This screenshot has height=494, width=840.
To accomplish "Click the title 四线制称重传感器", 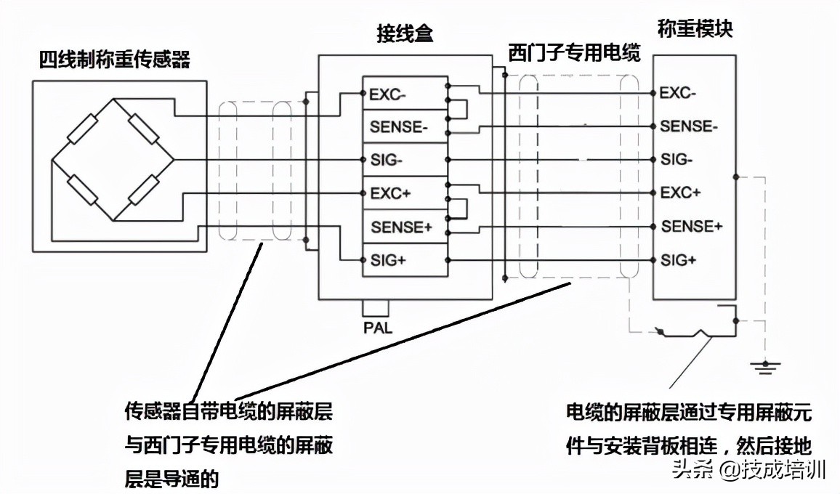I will pyautogui.click(x=114, y=60).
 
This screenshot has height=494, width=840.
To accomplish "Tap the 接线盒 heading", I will pyautogui.click(x=405, y=33).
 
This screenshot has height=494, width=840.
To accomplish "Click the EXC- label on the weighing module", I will pyautogui.click(x=678, y=93).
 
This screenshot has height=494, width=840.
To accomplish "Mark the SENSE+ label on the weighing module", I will pyautogui.click(x=691, y=227).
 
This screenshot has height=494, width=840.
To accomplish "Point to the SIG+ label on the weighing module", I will pyautogui.click(x=678, y=260).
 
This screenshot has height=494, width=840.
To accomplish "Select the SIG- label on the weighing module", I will pyautogui.click(x=677, y=160).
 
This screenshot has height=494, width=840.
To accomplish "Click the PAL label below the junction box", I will pyautogui.click(x=377, y=328).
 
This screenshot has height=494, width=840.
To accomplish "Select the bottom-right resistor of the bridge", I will pyautogui.click(x=145, y=191).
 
